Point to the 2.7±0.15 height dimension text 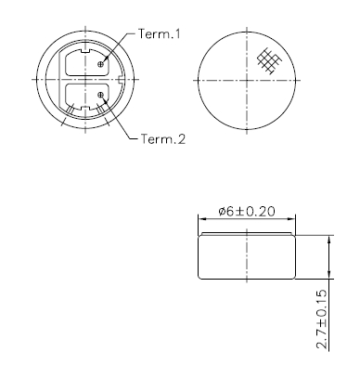pos(321,319)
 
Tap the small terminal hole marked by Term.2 pos(100,95)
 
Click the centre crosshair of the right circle pos(248,79)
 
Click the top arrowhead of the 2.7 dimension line pos(328,238)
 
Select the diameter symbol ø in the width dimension pos(223,212)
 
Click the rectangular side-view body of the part pos(248,255)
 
